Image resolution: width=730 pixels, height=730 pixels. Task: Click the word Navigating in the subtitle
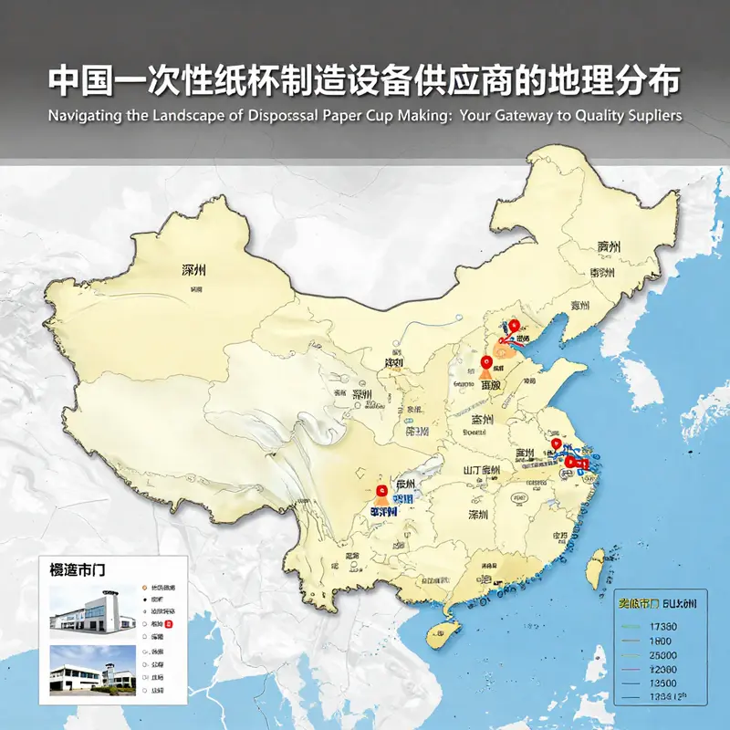click(x=85, y=116)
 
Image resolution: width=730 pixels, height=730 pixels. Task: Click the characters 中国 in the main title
click(x=75, y=80)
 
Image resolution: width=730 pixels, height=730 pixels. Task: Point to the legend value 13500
click(x=660, y=683)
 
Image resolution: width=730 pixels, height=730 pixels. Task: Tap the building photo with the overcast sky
click(x=92, y=612)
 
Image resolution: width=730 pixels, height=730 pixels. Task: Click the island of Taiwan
click(x=593, y=567)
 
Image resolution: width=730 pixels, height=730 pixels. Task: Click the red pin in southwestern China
click(x=381, y=490)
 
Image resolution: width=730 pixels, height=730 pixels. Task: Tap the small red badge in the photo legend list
click(x=180, y=625)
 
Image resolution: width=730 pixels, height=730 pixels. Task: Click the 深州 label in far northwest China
click(x=194, y=270)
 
